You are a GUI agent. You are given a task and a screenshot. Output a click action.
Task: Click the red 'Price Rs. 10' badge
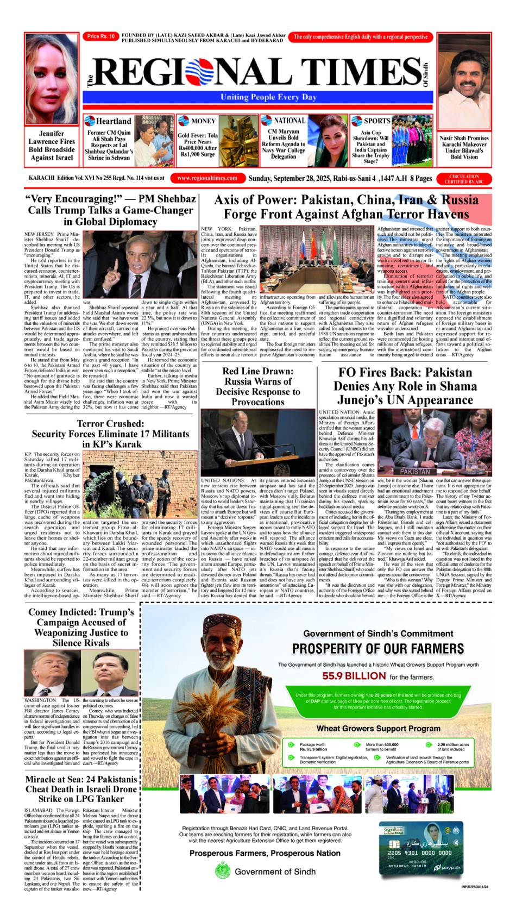coord(101,36)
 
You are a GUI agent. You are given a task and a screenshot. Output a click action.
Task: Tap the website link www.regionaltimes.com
coord(207,178)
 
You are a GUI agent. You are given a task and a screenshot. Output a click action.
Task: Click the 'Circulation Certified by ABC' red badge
coord(464,179)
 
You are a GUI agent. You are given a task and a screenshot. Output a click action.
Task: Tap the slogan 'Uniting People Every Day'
coord(268,97)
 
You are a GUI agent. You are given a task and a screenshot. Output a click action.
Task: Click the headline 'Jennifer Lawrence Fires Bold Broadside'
coord(52,145)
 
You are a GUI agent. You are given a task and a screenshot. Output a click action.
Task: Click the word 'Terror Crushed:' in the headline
coord(110,423)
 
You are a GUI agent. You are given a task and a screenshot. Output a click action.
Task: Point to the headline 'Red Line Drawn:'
coord(257,371)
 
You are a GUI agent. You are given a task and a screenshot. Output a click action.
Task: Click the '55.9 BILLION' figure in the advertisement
coord(354,676)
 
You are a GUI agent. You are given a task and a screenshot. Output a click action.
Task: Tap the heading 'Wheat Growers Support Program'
coord(378,728)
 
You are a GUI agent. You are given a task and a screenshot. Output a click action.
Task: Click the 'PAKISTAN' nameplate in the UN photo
coord(414,471)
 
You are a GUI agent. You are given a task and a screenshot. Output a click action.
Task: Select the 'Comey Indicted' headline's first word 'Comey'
coord(46,612)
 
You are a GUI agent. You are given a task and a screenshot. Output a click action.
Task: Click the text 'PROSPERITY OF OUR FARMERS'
coord(378,649)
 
